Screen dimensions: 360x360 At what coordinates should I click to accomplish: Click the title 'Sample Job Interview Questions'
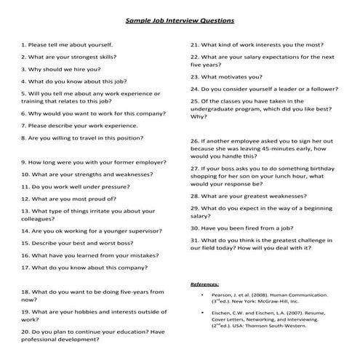tap(180, 21)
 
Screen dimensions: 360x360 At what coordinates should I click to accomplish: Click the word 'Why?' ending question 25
tap(199, 116)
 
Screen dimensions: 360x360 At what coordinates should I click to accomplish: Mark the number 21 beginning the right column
tap(194, 44)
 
